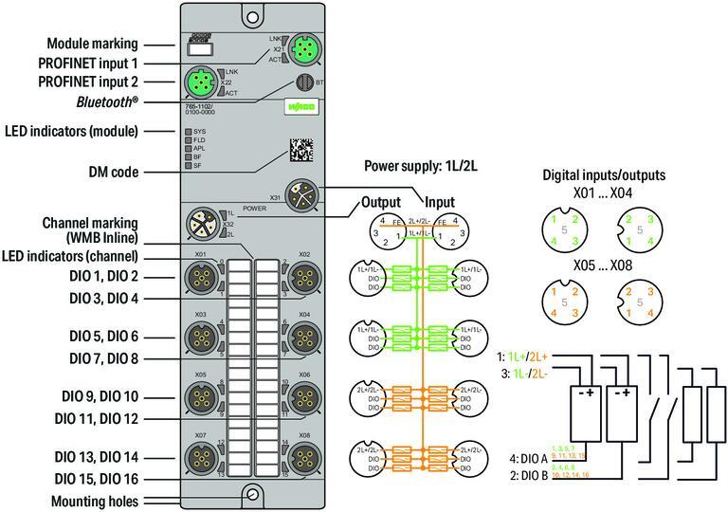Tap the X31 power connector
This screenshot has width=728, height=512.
point(304,196)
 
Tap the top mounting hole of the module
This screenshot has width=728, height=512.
point(251,16)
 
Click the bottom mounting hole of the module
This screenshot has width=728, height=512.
point(251,493)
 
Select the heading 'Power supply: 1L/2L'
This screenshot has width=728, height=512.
point(421,166)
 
